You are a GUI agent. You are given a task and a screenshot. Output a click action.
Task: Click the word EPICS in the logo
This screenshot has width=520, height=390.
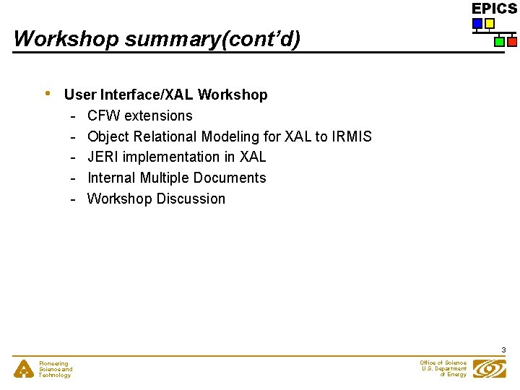(494, 9)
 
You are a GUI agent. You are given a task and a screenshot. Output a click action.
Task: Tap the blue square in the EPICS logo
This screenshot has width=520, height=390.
(477, 24)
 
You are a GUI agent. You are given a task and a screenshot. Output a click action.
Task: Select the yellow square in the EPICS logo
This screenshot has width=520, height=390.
(490, 24)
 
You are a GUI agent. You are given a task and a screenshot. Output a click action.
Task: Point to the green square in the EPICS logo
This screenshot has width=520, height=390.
(499, 42)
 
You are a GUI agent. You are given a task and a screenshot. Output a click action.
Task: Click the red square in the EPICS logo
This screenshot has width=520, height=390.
(511, 42)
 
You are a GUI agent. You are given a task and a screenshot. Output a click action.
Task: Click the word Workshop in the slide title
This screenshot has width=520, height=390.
(66, 38)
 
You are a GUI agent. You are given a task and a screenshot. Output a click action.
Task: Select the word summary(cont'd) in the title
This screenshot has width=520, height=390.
(212, 38)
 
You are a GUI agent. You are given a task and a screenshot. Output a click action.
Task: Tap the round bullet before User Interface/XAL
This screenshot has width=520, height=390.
(47, 94)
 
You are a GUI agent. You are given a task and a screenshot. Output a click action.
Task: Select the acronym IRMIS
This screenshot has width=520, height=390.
(352, 136)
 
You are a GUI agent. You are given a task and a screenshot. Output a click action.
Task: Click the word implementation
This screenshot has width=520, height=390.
(172, 157)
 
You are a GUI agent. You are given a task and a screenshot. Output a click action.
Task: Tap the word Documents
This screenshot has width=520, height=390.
(232, 178)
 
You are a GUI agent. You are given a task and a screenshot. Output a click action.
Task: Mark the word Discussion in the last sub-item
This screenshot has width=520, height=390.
(191, 199)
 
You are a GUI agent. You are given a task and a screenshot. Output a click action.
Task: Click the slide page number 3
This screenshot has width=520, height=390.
(503, 350)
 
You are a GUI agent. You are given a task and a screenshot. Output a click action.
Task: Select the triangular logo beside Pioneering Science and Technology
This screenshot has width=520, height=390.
(25, 369)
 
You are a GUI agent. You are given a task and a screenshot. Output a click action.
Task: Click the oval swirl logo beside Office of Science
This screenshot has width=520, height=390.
(489, 368)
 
